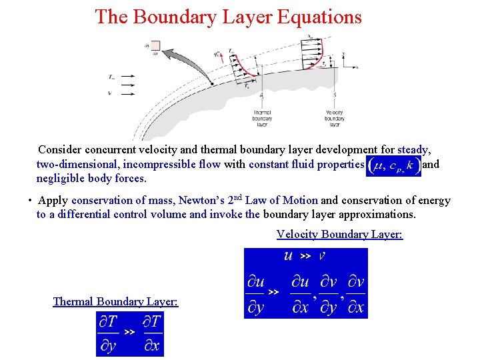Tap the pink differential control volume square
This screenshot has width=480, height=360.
(155, 46)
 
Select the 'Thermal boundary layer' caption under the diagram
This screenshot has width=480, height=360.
(262, 118)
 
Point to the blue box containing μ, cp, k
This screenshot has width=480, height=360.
(393, 165)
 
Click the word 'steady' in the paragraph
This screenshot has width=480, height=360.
(413, 150)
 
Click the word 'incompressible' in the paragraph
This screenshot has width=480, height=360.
(185, 164)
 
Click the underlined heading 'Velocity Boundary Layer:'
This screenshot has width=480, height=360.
(339, 234)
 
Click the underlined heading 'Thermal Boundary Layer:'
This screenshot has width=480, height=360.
(115, 301)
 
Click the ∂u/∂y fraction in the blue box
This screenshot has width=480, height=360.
(255, 294)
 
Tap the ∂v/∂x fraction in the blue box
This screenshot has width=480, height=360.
(356, 294)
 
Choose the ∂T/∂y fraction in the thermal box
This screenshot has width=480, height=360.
(109, 333)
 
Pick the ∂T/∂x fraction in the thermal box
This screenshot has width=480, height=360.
(152, 333)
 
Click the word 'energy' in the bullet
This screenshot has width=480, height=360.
(433, 201)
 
